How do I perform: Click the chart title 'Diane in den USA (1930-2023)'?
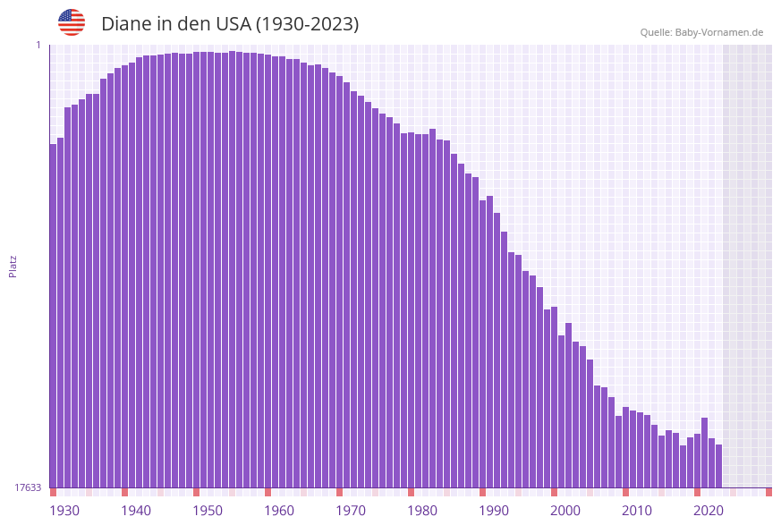(230, 24)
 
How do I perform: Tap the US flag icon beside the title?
(72, 22)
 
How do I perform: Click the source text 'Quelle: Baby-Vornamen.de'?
(701, 32)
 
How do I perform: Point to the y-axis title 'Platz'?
(13, 266)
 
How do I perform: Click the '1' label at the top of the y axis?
(38, 45)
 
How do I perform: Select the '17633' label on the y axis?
(28, 487)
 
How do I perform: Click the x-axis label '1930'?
(64, 511)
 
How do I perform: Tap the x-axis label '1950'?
(208, 511)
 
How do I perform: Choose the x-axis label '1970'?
(351, 511)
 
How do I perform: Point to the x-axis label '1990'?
(494, 511)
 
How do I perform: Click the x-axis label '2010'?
(637, 511)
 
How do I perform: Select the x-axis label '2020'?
(709, 511)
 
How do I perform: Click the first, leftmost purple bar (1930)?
(54, 313)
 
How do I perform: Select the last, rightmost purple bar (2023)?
(718, 465)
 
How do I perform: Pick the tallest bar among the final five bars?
(704, 452)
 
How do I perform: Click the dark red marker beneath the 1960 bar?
(267, 492)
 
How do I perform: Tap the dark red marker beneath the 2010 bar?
(625, 492)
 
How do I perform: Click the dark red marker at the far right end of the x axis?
(768, 492)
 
